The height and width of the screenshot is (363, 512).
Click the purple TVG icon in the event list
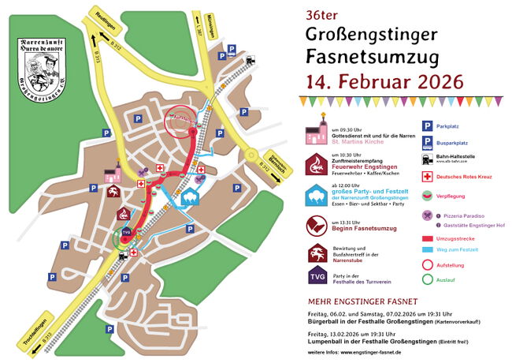[317, 275]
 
